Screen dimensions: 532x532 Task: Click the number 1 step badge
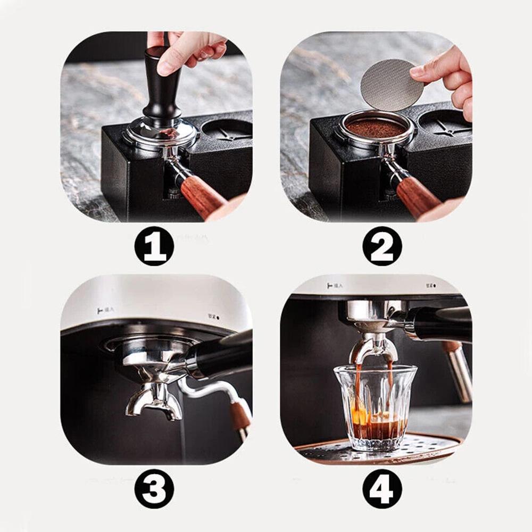click(x=154, y=246)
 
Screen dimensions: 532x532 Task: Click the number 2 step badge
click(x=382, y=246)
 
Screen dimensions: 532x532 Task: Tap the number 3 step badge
click(x=154, y=488)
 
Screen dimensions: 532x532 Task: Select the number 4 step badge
click(x=382, y=488)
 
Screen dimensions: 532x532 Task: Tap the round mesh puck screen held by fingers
click(x=388, y=85)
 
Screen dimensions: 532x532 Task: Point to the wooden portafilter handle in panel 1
click(x=203, y=196)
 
